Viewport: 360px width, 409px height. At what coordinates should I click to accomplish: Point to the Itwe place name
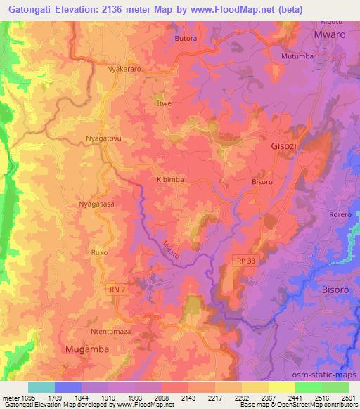click(165, 103)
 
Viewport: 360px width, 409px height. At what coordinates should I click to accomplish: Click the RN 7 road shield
click(117, 290)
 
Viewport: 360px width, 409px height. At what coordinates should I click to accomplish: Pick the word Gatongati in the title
click(30, 11)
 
